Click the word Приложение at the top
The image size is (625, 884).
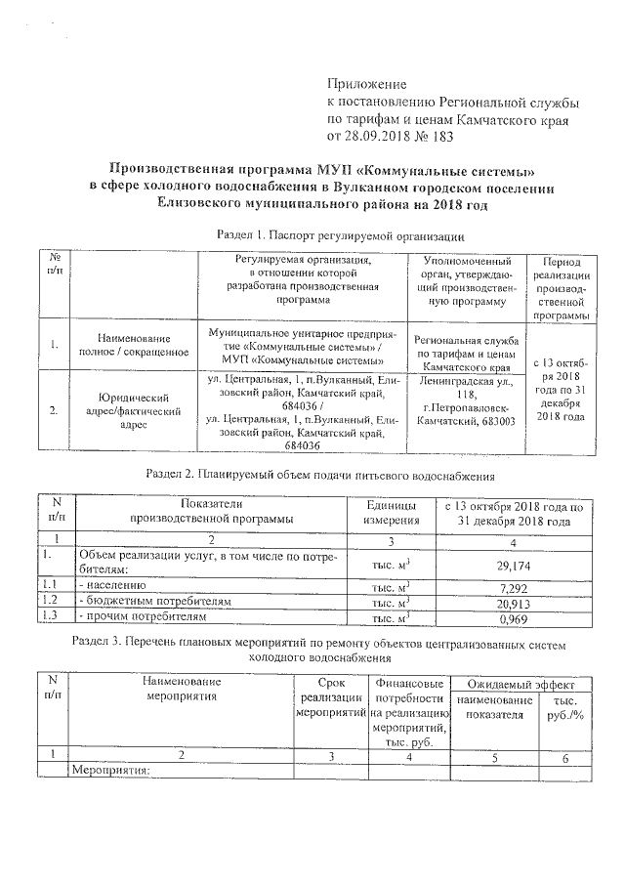click(x=366, y=85)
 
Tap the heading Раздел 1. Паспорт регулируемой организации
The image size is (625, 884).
click(x=338, y=235)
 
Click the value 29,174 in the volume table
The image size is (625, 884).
click(x=514, y=561)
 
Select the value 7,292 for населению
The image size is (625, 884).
click(x=514, y=585)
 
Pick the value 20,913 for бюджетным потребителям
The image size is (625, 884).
click(x=514, y=602)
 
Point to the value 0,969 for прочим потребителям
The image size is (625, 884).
click(x=514, y=618)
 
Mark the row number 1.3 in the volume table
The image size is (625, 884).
click(x=53, y=618)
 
